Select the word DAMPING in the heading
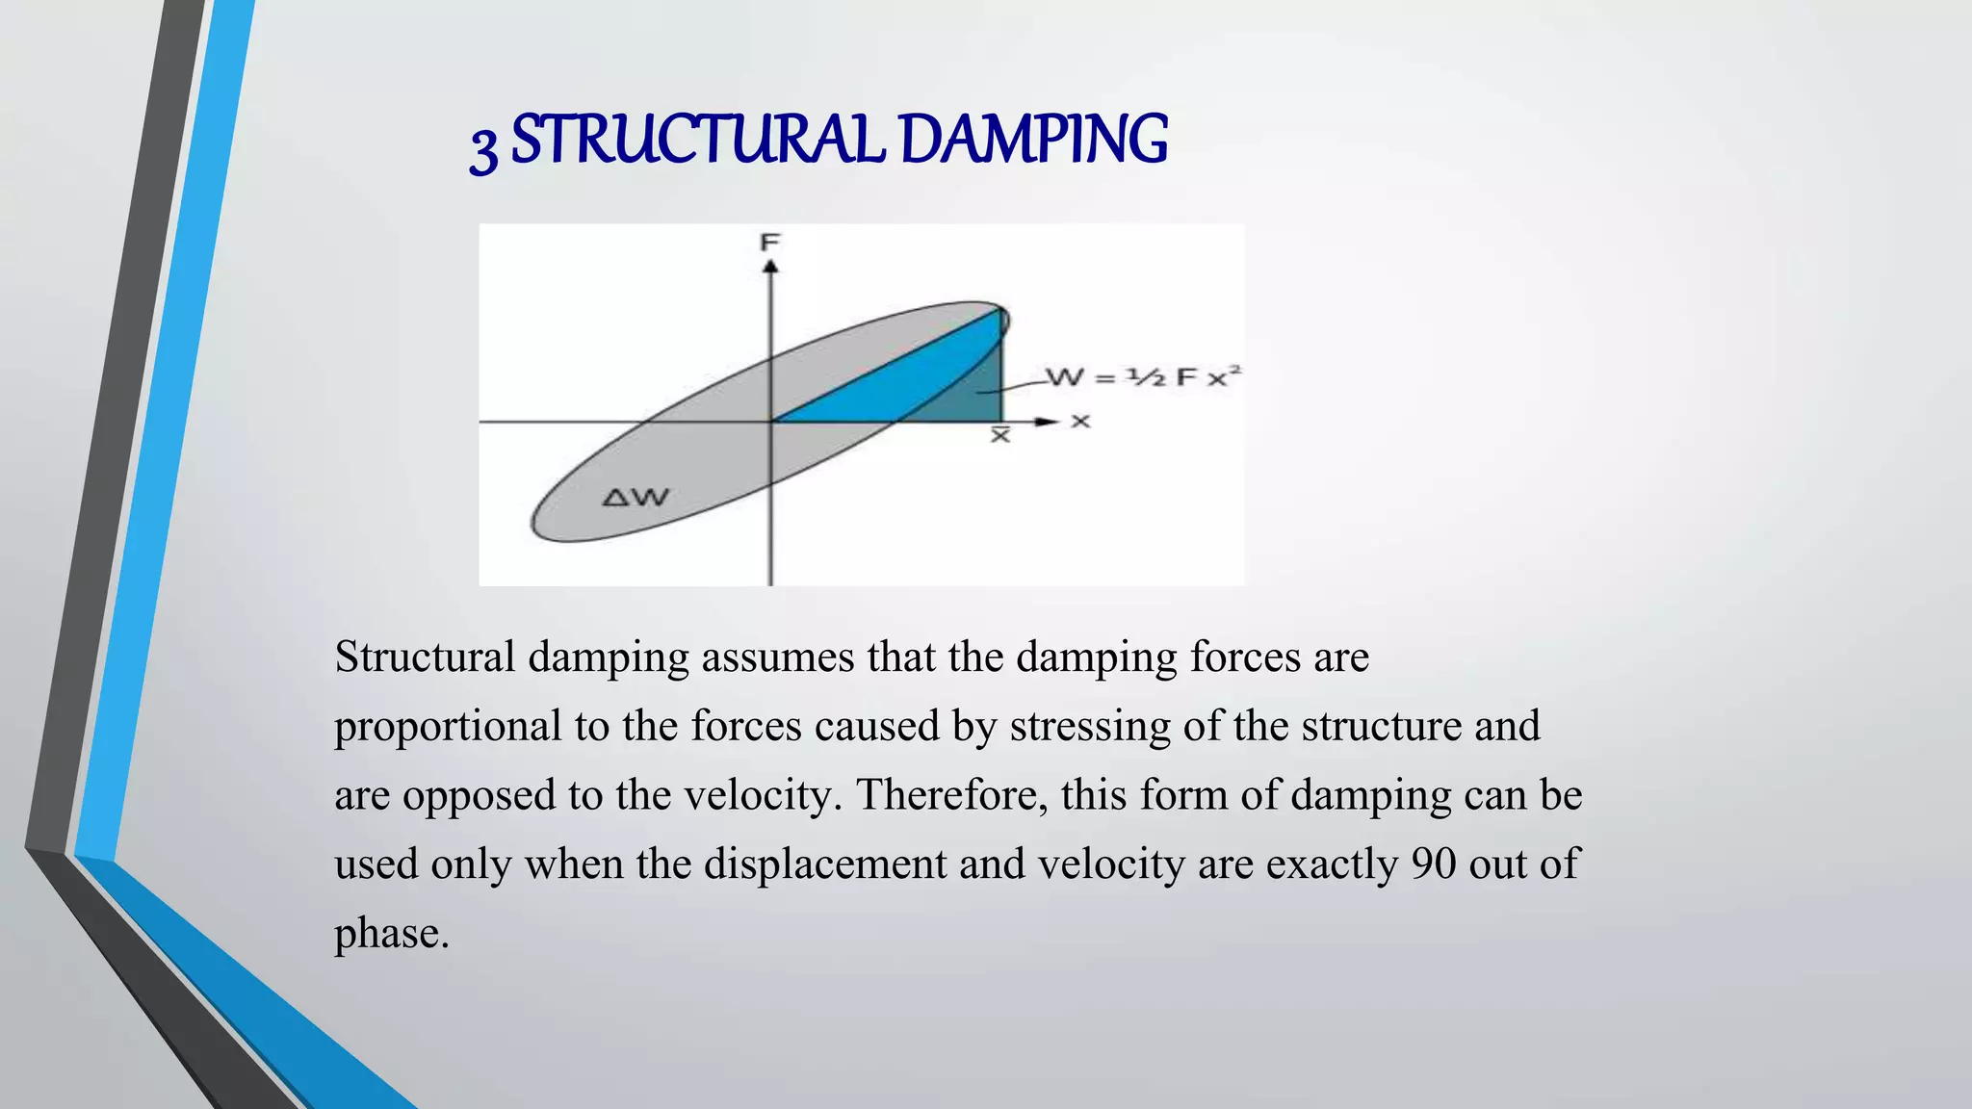[x=1035, y=140]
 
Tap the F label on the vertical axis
[x=769, y=242]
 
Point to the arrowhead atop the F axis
[x=770, y=266]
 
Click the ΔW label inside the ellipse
[x=635, y=498]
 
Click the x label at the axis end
[x=1080, y=422]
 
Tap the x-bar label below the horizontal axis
[x=1000, y=435]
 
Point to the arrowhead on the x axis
[x=1047, y=422]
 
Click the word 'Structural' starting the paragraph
[x=425, y=658]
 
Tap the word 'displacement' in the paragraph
[x=825, y=864]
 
